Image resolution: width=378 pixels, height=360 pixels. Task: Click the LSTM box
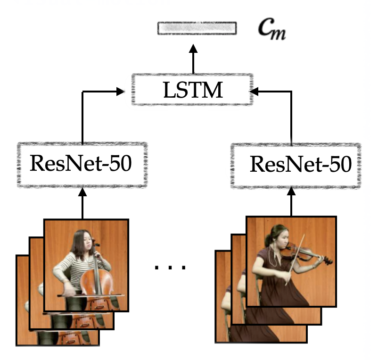pyautogui.click(x=192, y=90)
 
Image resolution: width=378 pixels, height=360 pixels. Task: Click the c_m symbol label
pyautogui.click(x=271, y=29)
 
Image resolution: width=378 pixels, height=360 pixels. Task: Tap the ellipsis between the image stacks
pyautogui.click(x=171, y=268)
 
